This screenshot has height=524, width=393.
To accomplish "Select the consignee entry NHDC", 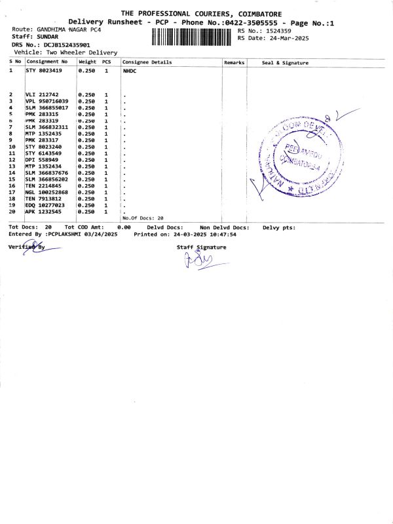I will [129, 70].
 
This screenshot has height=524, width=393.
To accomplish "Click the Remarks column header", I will [234, 62].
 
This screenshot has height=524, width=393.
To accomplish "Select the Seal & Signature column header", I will [285, 62].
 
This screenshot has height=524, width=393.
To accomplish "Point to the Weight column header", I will [87, 62].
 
